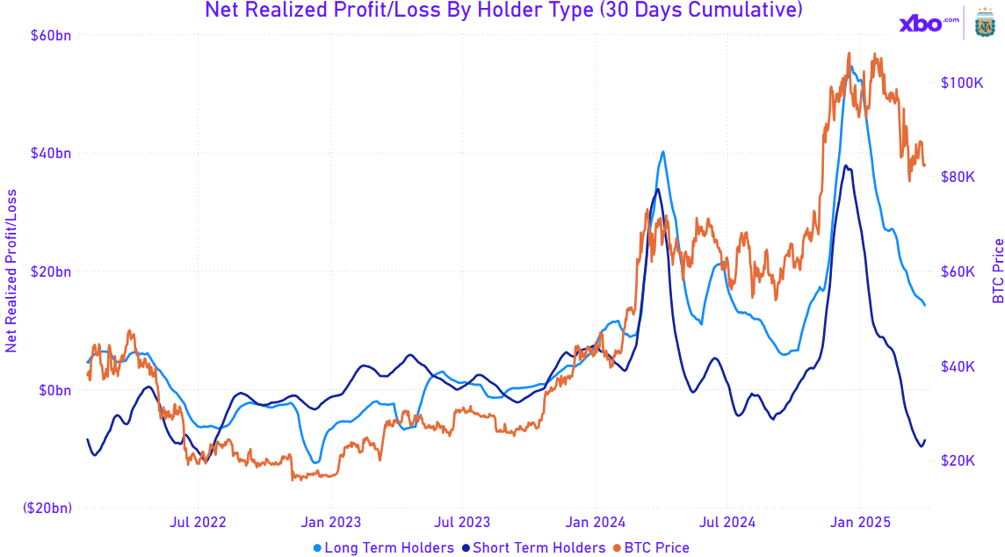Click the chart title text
pyautogui.click(x=502, y=11)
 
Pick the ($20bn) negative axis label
pyautogui.click(x=48, y=508)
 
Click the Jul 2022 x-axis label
pyautogui.click(x=198, y=523)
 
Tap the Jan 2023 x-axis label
pyautogui.click(x=329, y=523)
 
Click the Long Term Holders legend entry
pyautogui.click(x=385, y=547)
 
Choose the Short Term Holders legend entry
pyautogui.click(x=533, y=547)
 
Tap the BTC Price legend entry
pyautogui.click(x=651, y=547)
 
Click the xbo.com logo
pyautogui.click(x=922, y=24)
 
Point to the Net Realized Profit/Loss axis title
pyautogui.click(x=11, y=271)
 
